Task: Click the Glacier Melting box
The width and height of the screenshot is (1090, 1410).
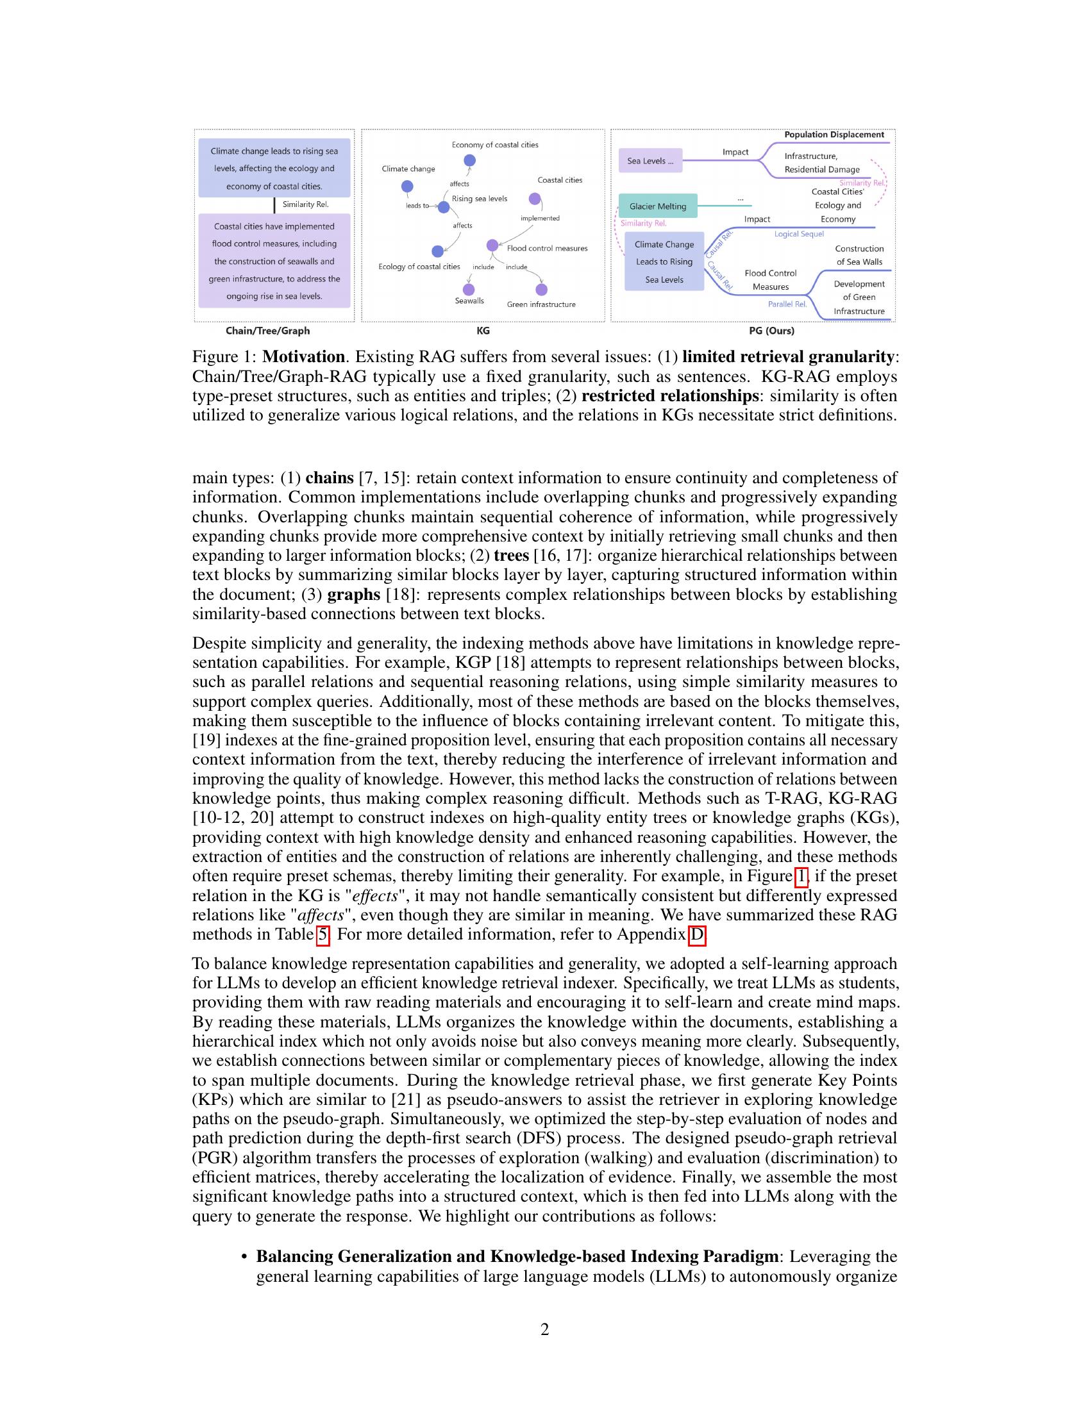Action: (657, 206)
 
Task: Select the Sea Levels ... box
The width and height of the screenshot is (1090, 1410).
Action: (650, 161)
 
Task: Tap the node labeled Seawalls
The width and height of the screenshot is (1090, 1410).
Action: (469, 289)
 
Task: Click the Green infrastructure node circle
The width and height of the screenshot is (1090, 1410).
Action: (541, 289)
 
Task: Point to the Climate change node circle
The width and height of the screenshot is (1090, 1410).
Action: (407, 187)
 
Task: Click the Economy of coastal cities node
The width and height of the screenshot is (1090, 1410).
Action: (469, 160)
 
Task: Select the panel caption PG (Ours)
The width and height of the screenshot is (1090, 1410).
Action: (771, 331)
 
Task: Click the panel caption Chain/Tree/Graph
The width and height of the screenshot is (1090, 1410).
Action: (267, 331)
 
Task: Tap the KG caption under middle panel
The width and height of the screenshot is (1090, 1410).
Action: (482, 331)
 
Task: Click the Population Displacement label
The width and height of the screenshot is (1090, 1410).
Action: (834, 135)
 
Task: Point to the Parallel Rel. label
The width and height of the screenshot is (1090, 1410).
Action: (787, 304)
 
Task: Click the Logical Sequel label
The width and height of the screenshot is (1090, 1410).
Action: (799, 234)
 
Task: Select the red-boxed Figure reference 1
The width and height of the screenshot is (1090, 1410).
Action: (801, 876)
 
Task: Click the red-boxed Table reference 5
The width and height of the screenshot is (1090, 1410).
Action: (323, 934)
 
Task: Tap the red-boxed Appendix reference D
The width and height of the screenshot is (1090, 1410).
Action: (697, 934)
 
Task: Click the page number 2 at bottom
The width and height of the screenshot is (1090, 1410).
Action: (544, 1330)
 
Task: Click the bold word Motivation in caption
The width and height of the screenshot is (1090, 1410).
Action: (303, 357)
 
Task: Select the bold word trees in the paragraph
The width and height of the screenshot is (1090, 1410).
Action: (511, 556)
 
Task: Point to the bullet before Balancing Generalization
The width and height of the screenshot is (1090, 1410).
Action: (244, 1257)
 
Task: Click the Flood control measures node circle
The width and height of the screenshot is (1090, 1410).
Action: (492, 245)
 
